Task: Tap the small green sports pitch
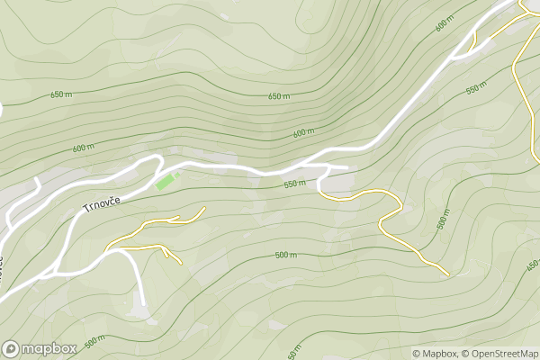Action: (x=166, y=182)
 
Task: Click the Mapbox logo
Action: (x=40, y=348)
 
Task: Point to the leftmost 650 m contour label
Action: (x=61, y=94)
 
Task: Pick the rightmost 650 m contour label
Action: (x=279, y=96)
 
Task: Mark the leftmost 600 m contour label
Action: (x=84, y=148)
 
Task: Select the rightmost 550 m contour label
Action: (x=477, y=89)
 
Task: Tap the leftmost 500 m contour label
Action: (x=94, y=342)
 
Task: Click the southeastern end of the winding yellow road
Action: (x=447, y=274)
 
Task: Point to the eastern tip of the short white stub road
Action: (x=346, y=166)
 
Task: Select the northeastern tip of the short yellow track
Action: (x=205, y=208)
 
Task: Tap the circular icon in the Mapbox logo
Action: (x=12, y=348)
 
